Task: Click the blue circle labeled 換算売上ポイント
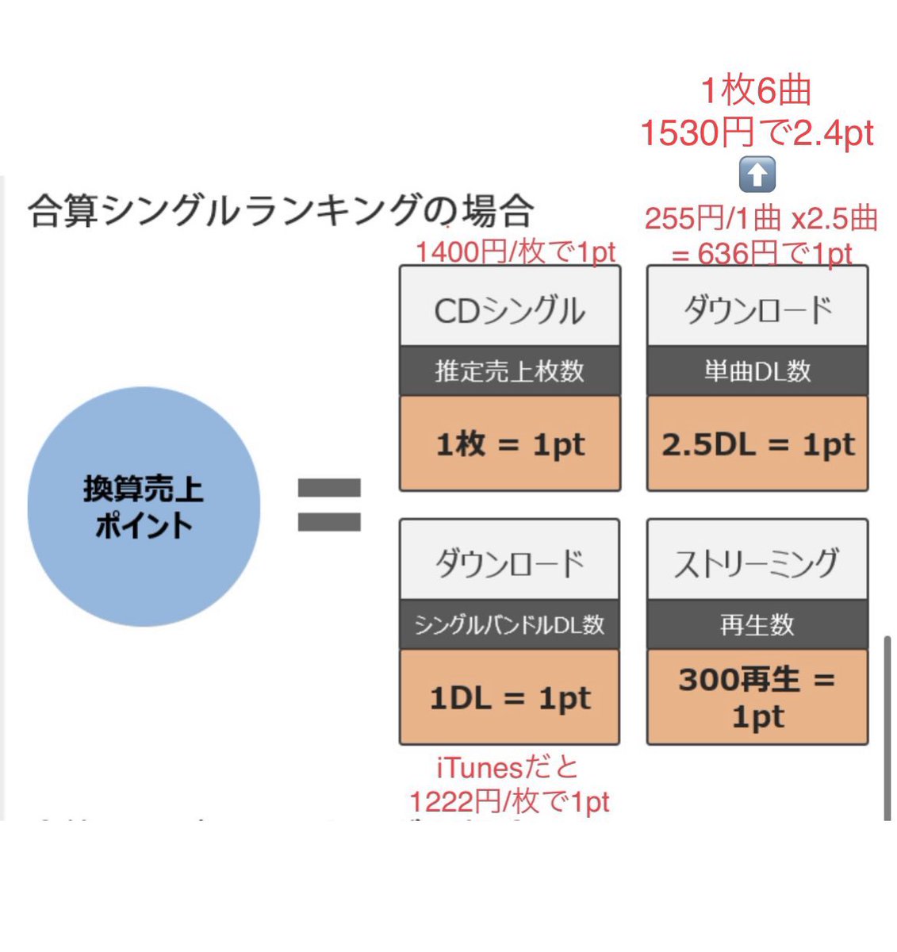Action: pyautogui.click(x=144, y=505)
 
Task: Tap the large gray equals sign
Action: pyautogui.click(x=329, y=505)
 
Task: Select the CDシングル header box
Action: pyautogui.click(x=509, y=308)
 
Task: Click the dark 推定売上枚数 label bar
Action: pyautogui.click(x=509, y=370)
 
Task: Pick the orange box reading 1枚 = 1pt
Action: pyautogui.click(x=509, y=443)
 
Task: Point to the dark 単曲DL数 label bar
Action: pyautogui.click(x=757, y=370)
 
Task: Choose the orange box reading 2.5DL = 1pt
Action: pyautogui.click(x=757, y=443)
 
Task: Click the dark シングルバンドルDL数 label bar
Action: pyautogui.click(x=509, y=624)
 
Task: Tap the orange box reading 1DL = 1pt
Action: pyautogui.click(x=509, y=697)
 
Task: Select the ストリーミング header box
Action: pyautogui.click(x=757, y=562)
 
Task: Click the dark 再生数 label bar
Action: pyautogui.click(x=757, y=624)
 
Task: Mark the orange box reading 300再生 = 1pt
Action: pyautogui.click(x=757, y=697)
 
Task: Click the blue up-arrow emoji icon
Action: pyautogui.click(x=757, y=175)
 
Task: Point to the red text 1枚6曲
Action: pyautogui.click(x=757, y=91)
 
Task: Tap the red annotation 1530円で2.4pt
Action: pyautogui.click(x=757, y=132)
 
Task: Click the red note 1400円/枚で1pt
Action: pyautogui.click(x=516, y=252)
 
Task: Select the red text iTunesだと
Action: pyautogui.click(x=508, y=767)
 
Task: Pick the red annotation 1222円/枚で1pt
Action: pyautogui.click(x=509, y=801)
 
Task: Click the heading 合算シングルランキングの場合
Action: pyautogui.click(x=281, y=211)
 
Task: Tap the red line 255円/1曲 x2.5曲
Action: pyautogui.click(x=761, y=218)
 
